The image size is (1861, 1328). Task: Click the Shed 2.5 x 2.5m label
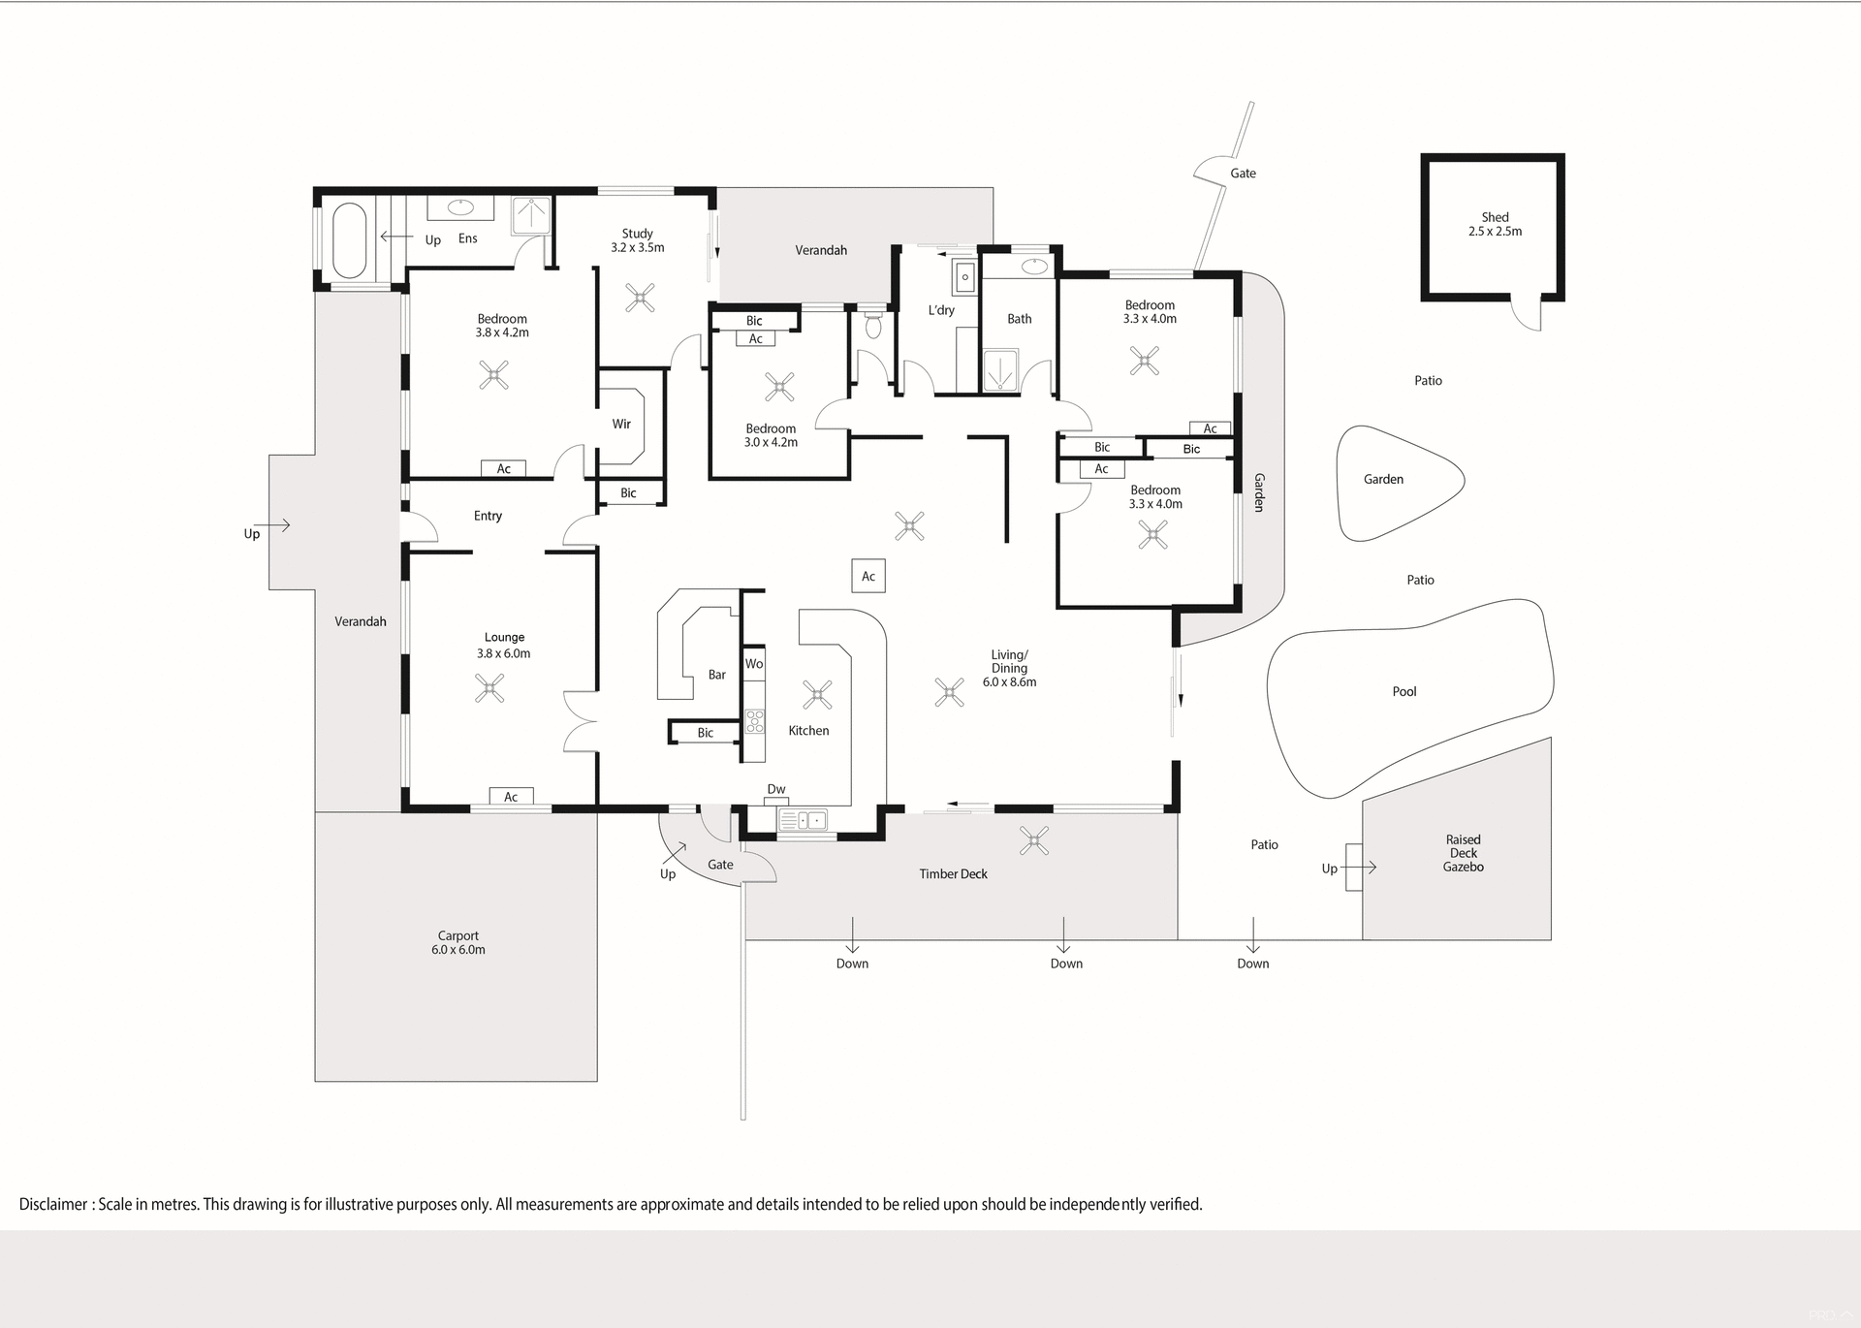(1495, 224)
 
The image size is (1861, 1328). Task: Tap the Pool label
(1404, 691)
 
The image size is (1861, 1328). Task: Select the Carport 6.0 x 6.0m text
(457, 942)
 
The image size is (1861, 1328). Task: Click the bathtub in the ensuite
(349, 239)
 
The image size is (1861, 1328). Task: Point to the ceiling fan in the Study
(640, 298)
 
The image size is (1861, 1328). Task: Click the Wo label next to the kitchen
(754, 664)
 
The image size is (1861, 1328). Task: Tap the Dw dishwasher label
(775, 789)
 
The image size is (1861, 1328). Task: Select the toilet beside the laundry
(872, 324)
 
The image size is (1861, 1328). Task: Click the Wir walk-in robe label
(621, 424)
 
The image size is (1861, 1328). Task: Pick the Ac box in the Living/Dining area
(868, 576)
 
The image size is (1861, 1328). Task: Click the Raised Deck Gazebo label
(1463, 853)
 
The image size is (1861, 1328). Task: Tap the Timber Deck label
(953, 873)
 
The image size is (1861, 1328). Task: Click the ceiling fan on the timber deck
(1034, 840)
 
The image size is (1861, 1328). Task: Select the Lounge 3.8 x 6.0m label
(504, 645)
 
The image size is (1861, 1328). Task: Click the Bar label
(716, 675)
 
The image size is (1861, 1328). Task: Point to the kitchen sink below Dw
(803, 820)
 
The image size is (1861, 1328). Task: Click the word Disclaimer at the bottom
(53, 1204)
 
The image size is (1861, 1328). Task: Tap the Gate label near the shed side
(1243, 174)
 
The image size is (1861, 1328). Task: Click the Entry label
(488, 516)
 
